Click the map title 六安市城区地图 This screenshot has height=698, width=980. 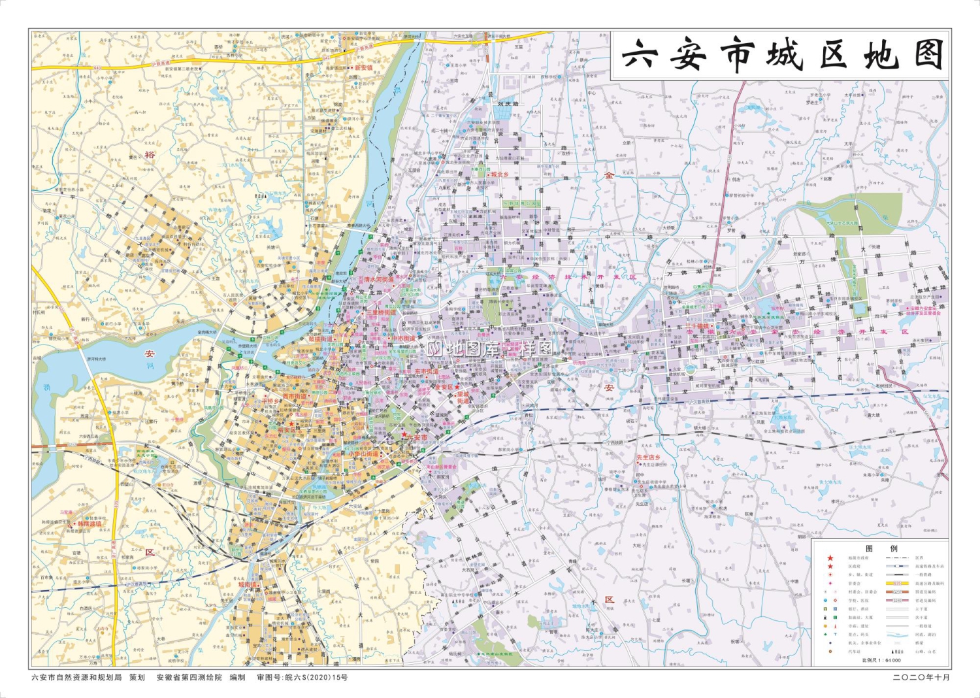point(781,55)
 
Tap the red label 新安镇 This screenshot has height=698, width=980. point(364,67)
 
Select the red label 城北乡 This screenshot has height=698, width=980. point(499,174)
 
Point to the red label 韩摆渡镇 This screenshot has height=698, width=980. point(90,523)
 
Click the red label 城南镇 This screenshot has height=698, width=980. point(248,585)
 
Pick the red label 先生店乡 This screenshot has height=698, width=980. point(648,457)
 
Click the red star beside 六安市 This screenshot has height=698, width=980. point(404,434)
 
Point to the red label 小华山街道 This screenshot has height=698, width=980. point(363,454)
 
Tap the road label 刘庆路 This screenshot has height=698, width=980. point(508,103)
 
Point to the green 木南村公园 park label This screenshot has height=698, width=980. point(480,169)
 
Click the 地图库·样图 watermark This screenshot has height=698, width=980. point(491,348)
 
